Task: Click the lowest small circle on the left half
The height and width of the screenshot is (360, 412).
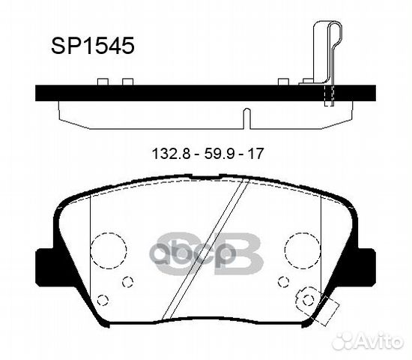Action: coord(105,300)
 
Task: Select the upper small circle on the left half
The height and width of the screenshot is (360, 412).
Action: coord(127,282)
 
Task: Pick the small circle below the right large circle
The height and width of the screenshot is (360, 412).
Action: coord(282,282)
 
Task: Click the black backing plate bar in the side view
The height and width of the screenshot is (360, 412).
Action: coord(187,93)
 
